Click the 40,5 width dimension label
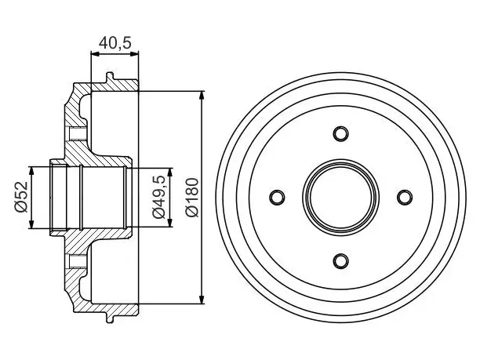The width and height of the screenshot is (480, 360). tap(115, 42)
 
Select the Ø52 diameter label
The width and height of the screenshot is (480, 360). tap(21, 197)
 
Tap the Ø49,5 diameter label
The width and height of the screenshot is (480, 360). tap(160, 197)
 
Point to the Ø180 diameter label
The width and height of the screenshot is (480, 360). tap(192, 197)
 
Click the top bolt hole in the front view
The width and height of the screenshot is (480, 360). tap(340, 134)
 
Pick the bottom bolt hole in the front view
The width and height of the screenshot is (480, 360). tap(340, 260)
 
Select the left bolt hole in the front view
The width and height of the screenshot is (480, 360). tap(277, 197)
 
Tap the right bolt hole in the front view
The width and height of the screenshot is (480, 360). tap(404, 197)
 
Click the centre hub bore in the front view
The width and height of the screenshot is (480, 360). tap(340, 197)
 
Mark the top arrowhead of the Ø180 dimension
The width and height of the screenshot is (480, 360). tap(202, 95)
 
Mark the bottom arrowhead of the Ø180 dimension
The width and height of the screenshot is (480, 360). tap(202, 300)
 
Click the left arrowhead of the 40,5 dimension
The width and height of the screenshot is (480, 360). tap(96, 54)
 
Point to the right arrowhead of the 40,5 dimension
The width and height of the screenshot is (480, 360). tap(134, 54)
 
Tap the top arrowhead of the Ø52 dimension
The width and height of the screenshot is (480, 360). tap(31, 171)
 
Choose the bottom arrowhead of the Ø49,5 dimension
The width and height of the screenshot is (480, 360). tap(170, 223)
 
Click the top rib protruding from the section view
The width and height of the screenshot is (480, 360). tap(110, 77)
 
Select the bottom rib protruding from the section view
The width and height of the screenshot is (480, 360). tap(110, 318)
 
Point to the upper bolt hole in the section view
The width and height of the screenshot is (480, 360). tap(77, 133)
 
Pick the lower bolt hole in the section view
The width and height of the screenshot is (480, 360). tap(77, 261)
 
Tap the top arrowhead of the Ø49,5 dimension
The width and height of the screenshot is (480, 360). tap(170, 172)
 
